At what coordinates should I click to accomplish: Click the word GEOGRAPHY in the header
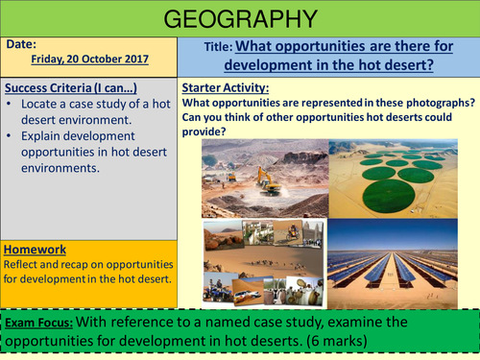coord(239,19)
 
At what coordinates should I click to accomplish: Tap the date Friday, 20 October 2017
coord(86,58)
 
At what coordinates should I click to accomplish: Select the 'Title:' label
coord(227,46)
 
